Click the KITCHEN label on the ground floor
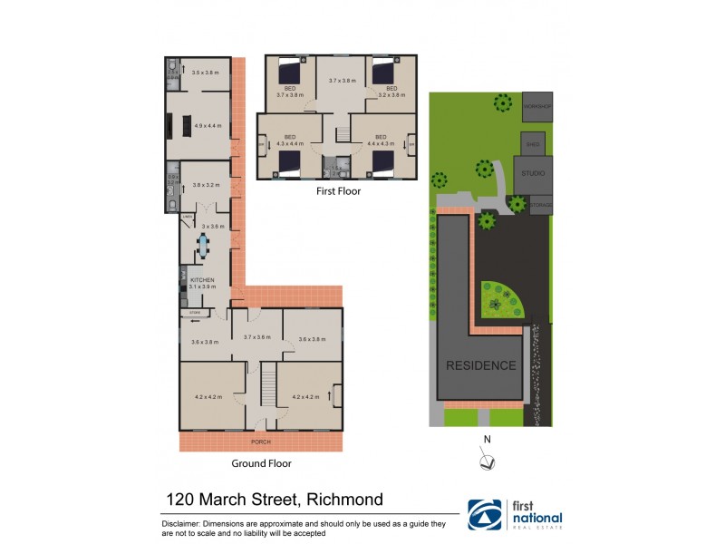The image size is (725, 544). click(x=201, y=280)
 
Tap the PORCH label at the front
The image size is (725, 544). click(x=261, y=442)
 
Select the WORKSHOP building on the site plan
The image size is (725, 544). click(x=536, y=106)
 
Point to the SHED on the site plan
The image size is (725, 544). click(x=532, y=143)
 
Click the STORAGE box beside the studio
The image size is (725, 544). click(x=541, y=206)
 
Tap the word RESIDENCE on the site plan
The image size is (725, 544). click(x=480, y=366)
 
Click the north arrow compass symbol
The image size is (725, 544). click(x=488, y=461)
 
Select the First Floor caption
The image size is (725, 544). click(x=338, y=191)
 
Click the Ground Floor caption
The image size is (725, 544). click(x=261, y=463)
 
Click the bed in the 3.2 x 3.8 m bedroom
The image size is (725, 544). click(x=382, y=70)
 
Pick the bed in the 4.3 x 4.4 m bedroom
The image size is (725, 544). click(x=288, y=161)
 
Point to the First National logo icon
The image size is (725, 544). click(x=485, y=514)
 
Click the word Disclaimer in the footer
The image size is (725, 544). click(x=188, y=524)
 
